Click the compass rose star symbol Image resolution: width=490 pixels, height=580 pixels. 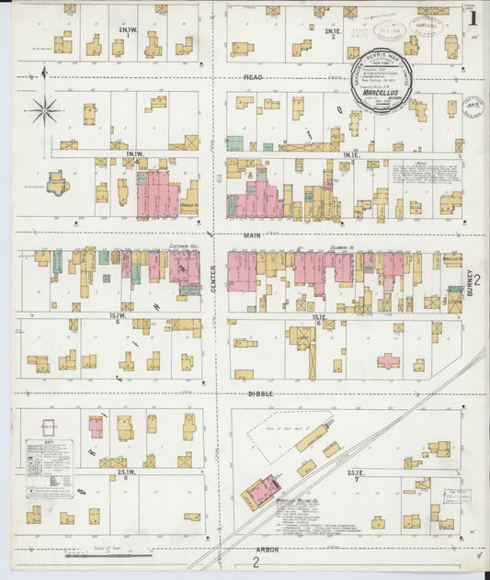pyautogui.click(x=43, y=111)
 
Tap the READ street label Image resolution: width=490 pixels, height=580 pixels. pyautogui.click(x=253, y=77)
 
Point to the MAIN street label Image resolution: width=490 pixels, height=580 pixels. pyautogui.click(x=252, y=236)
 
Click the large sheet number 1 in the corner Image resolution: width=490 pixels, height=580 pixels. pyautogui.click(x=473, y=16)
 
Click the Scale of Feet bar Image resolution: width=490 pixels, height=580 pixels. pyautogui.click(x=110, y=555)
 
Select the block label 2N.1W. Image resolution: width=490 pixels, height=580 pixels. pyautogui.click(x=127, y=30)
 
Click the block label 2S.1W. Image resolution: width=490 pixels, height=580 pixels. pyautogui.click(x=127, y=472)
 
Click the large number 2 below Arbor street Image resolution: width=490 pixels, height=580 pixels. pyautogui.click(x=255, y=563)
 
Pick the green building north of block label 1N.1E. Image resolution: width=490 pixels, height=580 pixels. pyautogui.click(x=234, y=144)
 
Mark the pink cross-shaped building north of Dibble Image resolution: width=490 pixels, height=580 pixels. pyautogui.click(x=388, y=359)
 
